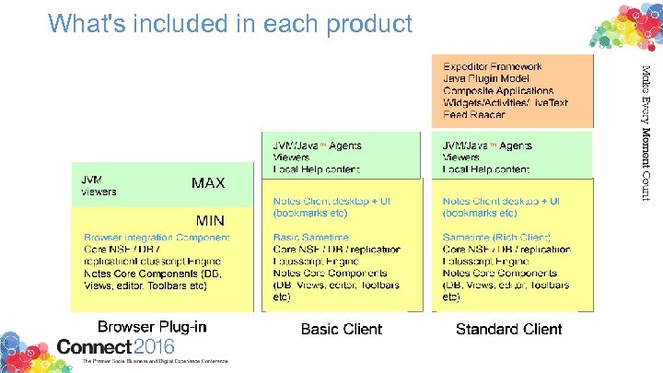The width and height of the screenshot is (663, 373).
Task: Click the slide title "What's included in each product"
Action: pos(230,23)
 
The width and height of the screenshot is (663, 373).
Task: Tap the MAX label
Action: pos(208,183)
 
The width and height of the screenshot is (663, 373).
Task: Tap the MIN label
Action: pos(210,220)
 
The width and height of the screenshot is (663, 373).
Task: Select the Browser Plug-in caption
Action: pos(152,327)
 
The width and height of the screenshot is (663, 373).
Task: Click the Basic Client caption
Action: pos(342,329)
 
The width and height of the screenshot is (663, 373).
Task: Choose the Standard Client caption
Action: pos(509,329)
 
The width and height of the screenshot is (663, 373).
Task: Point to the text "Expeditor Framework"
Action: pos(493,66)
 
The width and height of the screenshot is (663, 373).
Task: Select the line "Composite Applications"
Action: pos(498,91)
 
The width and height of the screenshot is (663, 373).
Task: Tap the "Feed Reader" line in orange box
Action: pos(473,115)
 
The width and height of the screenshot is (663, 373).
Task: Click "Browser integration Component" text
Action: pos(157,238)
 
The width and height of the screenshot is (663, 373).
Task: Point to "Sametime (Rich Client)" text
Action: pos(494,238)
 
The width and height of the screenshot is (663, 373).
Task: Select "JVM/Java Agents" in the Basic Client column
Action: pos(318,146)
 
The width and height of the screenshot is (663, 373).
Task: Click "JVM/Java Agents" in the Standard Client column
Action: pos(487,146)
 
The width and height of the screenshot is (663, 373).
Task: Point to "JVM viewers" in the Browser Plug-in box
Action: pos(99,185)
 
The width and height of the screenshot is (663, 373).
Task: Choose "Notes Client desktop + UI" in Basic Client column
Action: pos(332,202)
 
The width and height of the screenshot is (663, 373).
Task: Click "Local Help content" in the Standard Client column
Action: pos(486,169)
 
